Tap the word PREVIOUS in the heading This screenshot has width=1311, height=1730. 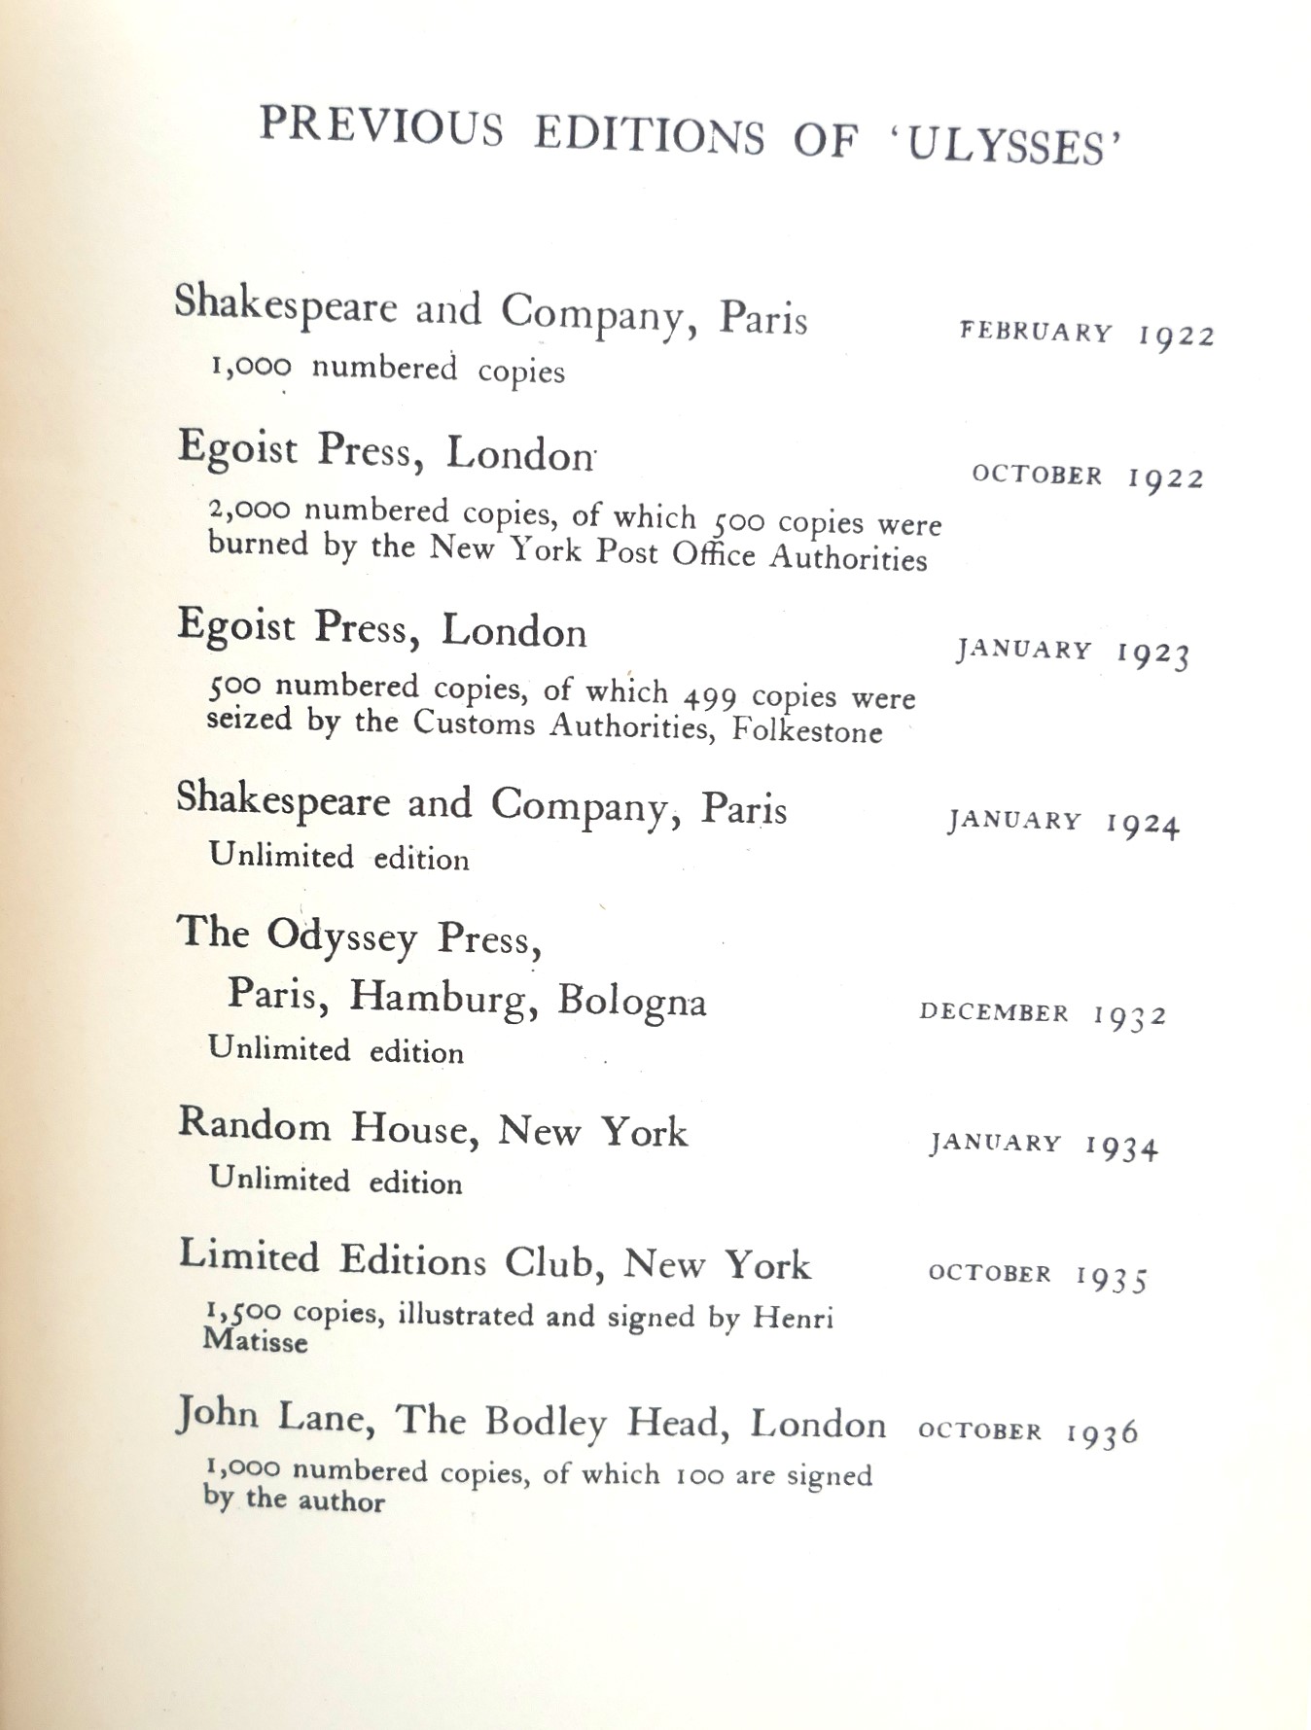coord(381,126)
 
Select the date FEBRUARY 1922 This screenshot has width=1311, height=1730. coord(1086,334)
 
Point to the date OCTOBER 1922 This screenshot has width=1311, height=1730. coord(1087,477)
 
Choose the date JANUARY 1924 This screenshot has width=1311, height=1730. coord(1063,823)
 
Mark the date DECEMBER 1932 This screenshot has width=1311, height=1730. coord(1042,1014)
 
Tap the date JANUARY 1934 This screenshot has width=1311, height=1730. coord(1044,1145)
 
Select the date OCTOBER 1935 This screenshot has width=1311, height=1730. coord(1038,1276)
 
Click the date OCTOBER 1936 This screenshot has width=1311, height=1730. coord(1027,1431)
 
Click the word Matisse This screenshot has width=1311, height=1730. coord(255,1342)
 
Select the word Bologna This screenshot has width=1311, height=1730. coord(631,1001)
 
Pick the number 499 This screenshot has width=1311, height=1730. coord(710,696)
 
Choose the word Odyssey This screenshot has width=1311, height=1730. coord(341,936)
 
